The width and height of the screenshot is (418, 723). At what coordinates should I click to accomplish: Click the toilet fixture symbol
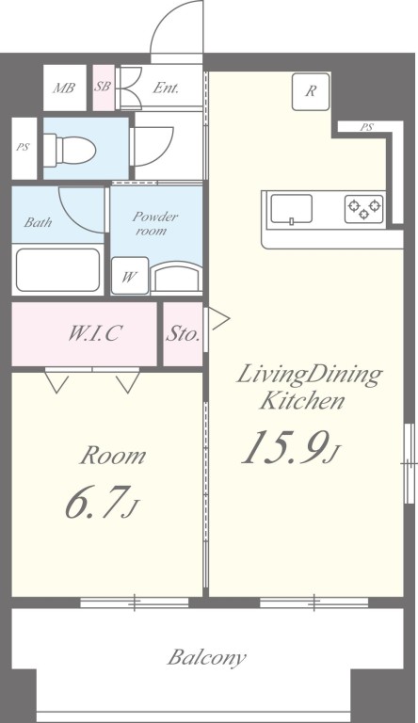tap(70, 149)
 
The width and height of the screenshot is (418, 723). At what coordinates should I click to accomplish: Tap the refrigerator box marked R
tap(311, 90)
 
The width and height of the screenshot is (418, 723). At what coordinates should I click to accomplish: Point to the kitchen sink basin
tap(291, 209)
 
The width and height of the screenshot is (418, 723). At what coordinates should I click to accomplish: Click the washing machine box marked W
tap(130, 275)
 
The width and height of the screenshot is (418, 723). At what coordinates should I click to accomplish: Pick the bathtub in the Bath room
tap(58, 270)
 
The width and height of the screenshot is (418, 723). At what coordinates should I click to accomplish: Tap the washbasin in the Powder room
tap(176, 277)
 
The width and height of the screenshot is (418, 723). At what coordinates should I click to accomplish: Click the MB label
tap(64, 88)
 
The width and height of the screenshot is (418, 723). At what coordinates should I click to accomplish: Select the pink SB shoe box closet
tap(104, 88)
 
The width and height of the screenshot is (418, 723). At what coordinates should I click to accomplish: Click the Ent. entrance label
tap(166, 88)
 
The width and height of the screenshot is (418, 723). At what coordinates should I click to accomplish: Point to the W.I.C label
tap(95, 333)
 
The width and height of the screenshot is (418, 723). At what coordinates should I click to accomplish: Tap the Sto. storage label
tap(184, 334)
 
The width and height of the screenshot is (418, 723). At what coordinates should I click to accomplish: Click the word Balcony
tap(206, 658)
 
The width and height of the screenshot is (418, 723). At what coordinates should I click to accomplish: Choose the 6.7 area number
tap(95, 503)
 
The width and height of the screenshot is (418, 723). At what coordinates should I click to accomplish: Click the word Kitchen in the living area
tap(302, 400)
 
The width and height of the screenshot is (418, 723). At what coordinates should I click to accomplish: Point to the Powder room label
tap(152, 223)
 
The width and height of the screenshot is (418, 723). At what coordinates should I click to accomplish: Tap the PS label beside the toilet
tap(24, 148)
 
